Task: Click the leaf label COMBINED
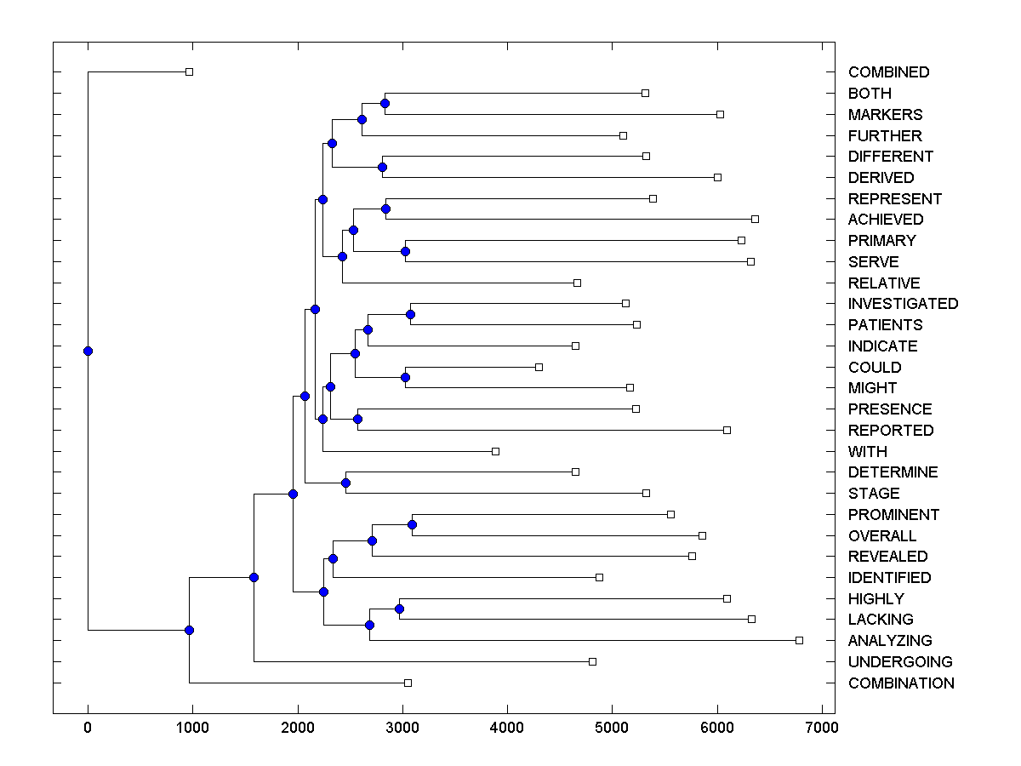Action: tap(888, 72)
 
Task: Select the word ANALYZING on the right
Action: tap(890, 641)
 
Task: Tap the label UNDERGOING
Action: tap(900, 662)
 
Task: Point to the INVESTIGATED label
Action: tap(903, 304)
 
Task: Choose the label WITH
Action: tap(867, 452)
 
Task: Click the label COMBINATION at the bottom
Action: tap(901, 683)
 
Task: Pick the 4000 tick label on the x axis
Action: tap(507, 727)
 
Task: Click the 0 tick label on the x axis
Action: tap(88, 727)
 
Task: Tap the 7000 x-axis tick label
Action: tap(822, 727)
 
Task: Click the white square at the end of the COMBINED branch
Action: tap(189, 72)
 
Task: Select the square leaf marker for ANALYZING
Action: tap(799, 640)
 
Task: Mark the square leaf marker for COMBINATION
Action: tap(408, 683)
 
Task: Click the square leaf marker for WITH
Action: tap(496, 451)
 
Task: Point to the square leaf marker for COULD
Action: tap(539, 367)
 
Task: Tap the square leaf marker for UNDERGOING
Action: tap(593, 661)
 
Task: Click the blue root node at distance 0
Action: tap(88, 351)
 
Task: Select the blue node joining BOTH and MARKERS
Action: tap(385, 103)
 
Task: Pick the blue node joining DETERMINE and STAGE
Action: tap(345, 483)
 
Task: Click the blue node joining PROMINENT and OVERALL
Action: tap(412, 524)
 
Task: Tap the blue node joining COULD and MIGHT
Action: tap(405, 377)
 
